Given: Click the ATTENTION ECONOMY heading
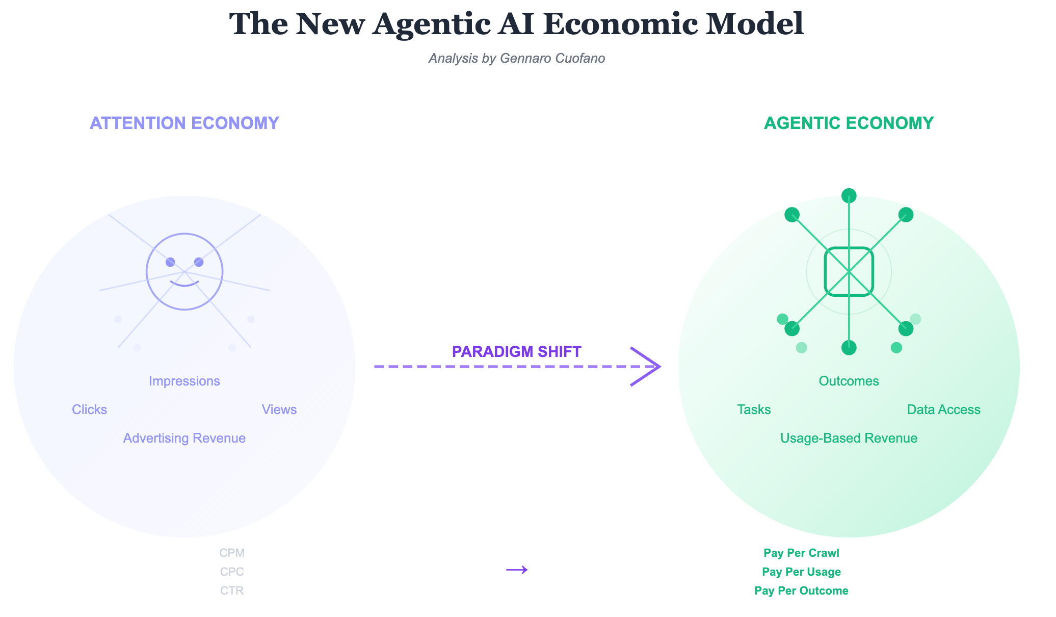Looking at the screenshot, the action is tap(184, 123).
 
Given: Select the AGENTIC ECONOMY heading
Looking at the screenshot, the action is tap(849, 123).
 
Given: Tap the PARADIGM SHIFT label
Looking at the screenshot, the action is tap(516, 352).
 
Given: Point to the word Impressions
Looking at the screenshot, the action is tap(184, 381).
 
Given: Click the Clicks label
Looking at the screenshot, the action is tap(89, 409).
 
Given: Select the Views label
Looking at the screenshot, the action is tap(279, 409).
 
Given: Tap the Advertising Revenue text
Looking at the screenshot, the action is tap(184, 438).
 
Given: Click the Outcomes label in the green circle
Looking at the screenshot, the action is tap(849, 381).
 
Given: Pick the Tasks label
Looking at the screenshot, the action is tap(754, 409).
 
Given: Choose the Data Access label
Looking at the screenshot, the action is tap(943, 409).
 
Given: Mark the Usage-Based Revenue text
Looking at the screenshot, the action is tap(849, 438).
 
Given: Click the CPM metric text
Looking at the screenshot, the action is tap(232, 553).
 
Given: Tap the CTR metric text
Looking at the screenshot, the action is tap(232, 590).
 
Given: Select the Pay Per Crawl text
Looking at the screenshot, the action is tap(801, 553).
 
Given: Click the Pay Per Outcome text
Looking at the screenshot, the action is tap(801, 590).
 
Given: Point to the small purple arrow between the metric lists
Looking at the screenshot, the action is tap(516, 570).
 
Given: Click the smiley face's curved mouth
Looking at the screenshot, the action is tap(184, 284).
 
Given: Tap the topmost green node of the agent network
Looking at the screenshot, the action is tap(849, 195).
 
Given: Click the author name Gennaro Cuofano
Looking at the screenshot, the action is tap(552, 58).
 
